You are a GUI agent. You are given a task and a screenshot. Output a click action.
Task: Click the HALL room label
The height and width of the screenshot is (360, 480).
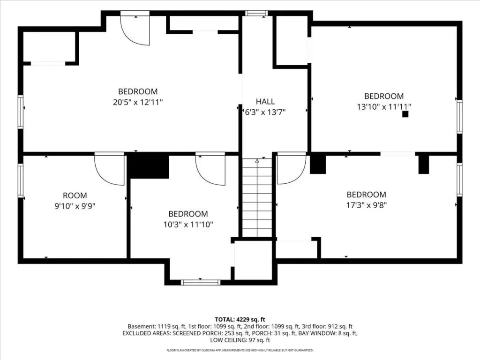tap(265, 101)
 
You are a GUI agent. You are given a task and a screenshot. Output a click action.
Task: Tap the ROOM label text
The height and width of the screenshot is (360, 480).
tap(75, 195)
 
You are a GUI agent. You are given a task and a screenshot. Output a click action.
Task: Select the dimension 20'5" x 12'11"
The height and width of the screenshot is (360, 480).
tap(138, 102)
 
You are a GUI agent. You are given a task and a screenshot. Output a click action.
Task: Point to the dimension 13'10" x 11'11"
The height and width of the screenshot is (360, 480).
tap(384, 106)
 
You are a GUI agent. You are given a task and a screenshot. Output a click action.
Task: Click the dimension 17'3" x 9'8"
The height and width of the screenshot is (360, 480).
tap(367, 205)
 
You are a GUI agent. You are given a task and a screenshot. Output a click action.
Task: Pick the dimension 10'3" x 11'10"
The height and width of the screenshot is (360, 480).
tap(188, 225)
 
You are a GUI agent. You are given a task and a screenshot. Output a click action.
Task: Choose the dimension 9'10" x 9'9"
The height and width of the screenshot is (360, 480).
tap(75, 206)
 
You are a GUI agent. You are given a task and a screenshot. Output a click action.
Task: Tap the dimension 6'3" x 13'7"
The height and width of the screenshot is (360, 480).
tap(265, 112)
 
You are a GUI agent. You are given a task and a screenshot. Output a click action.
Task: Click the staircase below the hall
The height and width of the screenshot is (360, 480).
tap(257, 197)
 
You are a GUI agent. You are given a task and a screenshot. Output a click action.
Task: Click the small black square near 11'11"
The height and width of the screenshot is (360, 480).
tap(405, 114)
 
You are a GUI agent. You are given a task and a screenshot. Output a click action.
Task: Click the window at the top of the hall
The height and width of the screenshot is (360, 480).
tap(256, 13)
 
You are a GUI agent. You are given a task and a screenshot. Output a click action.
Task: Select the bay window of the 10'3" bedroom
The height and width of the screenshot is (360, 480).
tap(201, 282)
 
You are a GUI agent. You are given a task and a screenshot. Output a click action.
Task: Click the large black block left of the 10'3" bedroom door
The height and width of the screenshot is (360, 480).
tap(148, 165)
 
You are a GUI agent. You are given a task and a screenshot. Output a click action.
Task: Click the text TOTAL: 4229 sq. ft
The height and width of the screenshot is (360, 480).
tap(240, 320)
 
